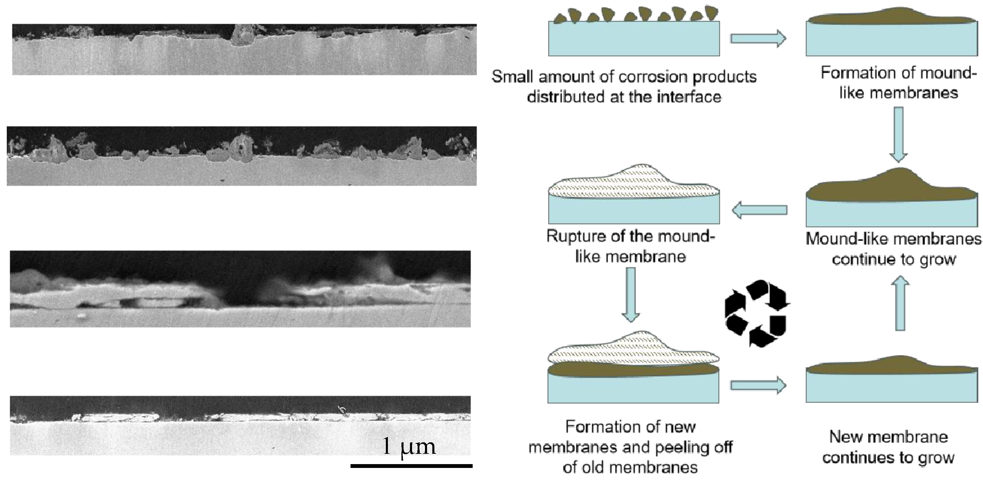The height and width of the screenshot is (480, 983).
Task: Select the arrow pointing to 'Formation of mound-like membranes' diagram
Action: coord(758,39)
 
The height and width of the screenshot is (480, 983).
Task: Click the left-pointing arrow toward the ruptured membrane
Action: coord(759,210)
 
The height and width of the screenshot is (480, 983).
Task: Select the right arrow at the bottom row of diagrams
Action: coord(758,385)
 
